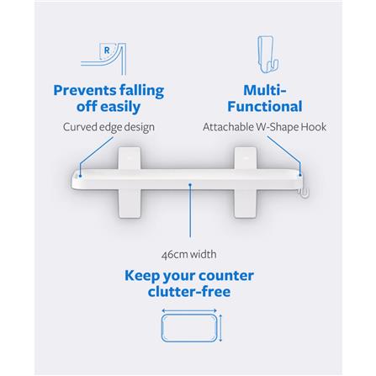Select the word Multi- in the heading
click(x=264, y=90)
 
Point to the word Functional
click(x=264, y=107)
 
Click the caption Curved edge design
click(x=109, y=127)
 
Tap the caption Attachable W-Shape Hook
click(x=264, y=127)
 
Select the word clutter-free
click(x=188, y=292)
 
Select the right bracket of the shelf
click(x=247, y=181)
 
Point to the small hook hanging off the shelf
click(x=305, y=193)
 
